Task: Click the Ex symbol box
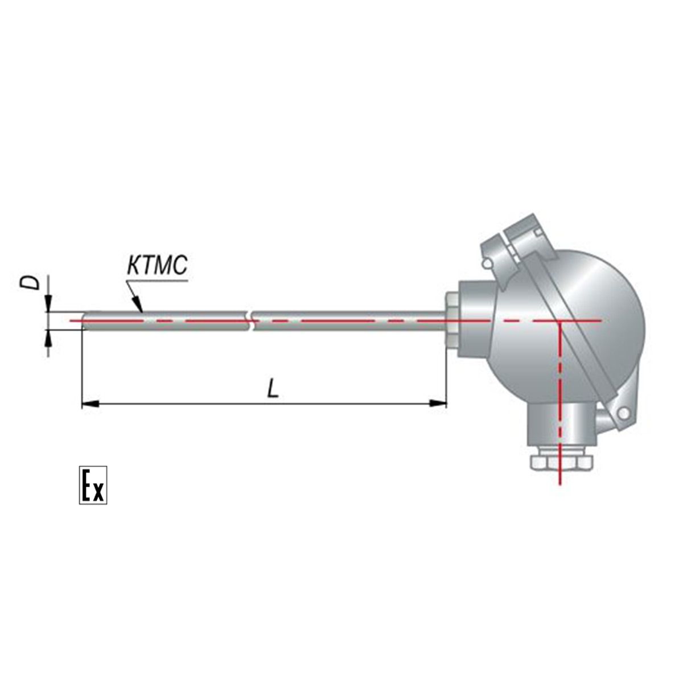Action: (x=93, y=485)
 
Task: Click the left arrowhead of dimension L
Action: (x=90, y=404)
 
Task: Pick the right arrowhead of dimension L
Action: (x=438, y=404)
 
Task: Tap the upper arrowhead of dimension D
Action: (x=48, y=304)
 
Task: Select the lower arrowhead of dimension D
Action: (x=48, y=338)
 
